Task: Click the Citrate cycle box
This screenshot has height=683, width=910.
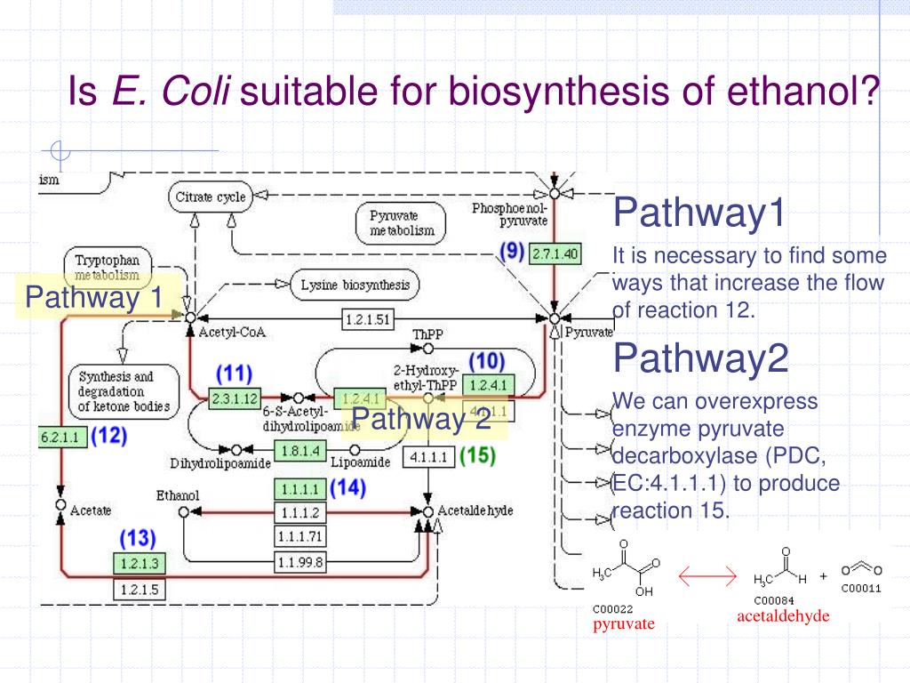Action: point(210,197)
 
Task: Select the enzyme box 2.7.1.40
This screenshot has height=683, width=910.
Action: point(555,254)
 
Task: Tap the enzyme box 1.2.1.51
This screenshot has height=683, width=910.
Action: point(367,320)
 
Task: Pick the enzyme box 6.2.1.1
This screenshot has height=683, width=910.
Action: point(61,437)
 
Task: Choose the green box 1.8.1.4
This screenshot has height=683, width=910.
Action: point(301,451)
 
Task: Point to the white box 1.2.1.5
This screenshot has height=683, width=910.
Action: point(139,588)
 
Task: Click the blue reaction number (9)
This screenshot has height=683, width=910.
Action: point(511,252)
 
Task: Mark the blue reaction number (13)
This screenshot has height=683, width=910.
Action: point(139,538)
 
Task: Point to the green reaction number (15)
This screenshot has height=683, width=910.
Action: point(477,455)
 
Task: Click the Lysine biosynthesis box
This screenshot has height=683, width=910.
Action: point(355,285)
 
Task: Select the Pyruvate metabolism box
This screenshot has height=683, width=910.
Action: point(402,223)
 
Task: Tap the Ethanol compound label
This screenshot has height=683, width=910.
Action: point(178,495)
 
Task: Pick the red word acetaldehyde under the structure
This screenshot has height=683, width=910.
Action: point(783,616)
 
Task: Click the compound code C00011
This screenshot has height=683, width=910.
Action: point(861,588)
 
